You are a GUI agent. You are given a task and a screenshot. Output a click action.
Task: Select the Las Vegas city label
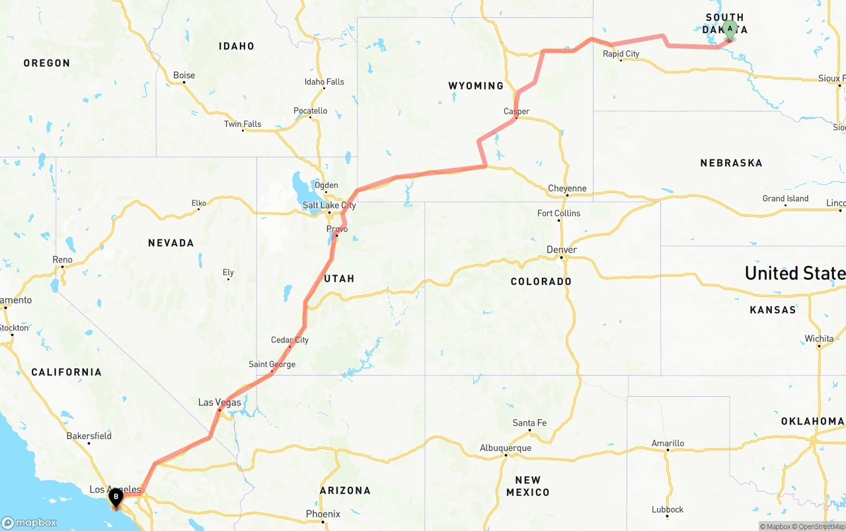[219, 402]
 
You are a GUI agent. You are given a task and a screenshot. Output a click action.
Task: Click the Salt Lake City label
[329, 206]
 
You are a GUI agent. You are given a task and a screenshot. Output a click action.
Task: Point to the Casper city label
[516, 111]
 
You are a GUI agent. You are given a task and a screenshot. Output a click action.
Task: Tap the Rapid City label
[621, 54]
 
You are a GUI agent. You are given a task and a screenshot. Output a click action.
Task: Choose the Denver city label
[562, 249]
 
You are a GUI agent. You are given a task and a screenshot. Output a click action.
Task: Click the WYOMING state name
[475, 86]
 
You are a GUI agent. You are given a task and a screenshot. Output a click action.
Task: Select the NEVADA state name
[171, 243]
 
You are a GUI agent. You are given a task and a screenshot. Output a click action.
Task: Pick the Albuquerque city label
[506, 448]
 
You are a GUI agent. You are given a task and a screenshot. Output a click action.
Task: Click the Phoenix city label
[323, 514]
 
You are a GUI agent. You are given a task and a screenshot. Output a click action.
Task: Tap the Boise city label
[184, 75]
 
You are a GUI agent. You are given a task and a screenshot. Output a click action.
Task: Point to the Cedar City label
[289, 340]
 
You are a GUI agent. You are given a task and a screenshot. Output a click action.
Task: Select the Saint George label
[272, 364]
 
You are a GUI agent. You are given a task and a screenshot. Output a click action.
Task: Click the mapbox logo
[29, 522]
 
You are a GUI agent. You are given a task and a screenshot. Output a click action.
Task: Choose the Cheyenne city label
[567, 188]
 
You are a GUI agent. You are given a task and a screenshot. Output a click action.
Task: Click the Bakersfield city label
[89, 436]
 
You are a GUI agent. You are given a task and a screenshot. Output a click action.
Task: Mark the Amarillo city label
[668, 443]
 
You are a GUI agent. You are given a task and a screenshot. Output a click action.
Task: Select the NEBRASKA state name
[731, 163]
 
